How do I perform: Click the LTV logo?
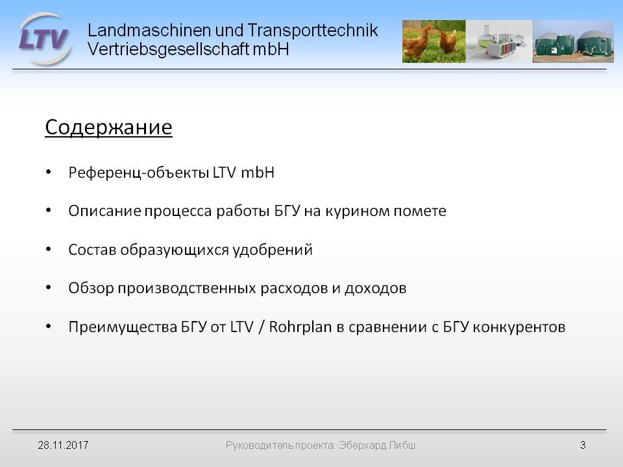(x=45, y=39)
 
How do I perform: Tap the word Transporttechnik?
(x=313, y=30)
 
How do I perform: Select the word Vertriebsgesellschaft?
(x=168, y=49)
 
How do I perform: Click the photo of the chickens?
(x=434, y=42)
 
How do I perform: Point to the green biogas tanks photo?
(x=573, y=42)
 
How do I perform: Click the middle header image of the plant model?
(x=499, y=42)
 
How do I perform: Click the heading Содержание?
(x=108, y=128)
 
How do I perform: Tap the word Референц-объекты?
(x=139, y=173)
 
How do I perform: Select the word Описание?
(x=104, y=211)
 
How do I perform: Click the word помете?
(x=420, y=211)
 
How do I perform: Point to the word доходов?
(x=376, y=289)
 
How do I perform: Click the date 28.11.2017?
(x=63, y=445)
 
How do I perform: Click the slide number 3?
(x=583, y=445)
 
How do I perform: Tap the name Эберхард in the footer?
(x=362, y=446)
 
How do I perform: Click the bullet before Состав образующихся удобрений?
(x=49, y=249)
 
